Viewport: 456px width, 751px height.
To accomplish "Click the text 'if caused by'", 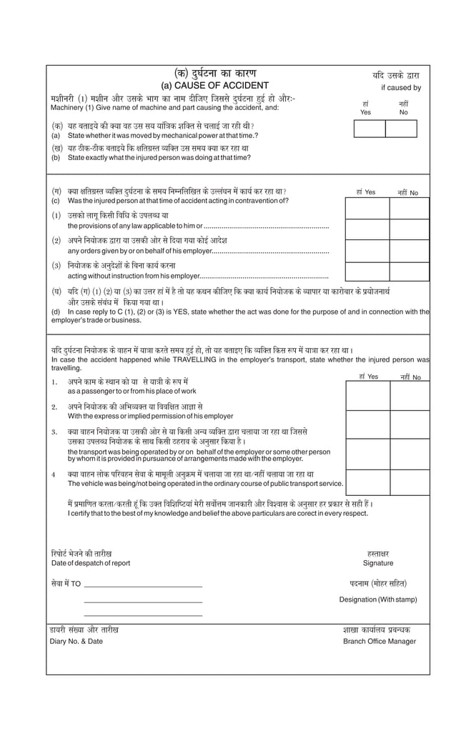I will pos(400,88).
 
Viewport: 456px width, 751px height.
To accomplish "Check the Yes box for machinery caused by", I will pos(370,129).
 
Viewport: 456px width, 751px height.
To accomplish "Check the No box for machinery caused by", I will pos(401,129).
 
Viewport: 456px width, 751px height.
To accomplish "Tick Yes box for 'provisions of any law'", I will pos(367,229).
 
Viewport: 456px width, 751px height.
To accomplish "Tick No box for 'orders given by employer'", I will pos(409,251).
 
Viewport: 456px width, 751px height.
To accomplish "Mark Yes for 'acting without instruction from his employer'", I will pos(367,272).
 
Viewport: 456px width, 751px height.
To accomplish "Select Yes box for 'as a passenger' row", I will pos(367,396).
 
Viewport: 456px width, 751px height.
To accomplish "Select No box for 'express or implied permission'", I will pos(410,424).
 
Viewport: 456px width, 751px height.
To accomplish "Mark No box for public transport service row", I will pos(410,482).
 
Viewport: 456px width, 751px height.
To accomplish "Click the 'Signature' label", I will pos(378,563).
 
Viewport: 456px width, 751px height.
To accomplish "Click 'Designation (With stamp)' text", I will pos(378,600).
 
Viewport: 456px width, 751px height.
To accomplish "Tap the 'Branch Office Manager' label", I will pos(379,641).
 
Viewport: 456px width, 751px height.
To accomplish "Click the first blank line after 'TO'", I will pos(143,587).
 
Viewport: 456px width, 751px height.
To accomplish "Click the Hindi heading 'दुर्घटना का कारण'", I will pos(214,74).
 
